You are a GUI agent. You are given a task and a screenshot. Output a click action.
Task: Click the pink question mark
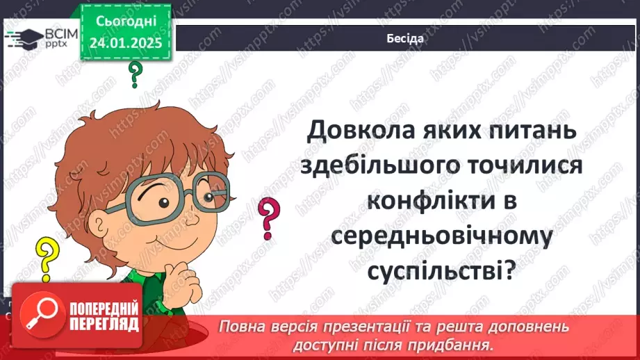268,215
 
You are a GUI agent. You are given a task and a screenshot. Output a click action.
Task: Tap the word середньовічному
441,237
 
